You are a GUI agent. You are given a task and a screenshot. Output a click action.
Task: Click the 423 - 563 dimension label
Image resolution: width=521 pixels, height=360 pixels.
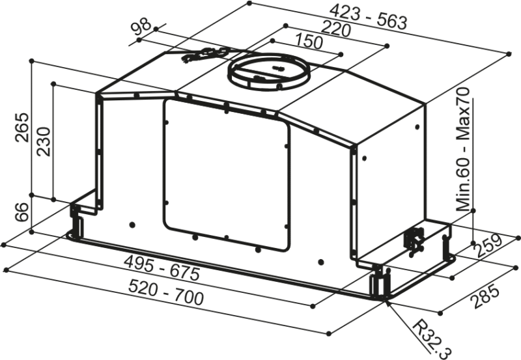pos(368,18)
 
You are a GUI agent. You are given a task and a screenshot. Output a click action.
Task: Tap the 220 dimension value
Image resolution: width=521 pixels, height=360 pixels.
pos(335,29)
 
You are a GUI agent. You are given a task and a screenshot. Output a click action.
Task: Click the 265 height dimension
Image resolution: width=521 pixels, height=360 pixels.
pos(23,128)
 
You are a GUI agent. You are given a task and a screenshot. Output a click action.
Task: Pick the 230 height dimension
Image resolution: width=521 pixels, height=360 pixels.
pos(44,141)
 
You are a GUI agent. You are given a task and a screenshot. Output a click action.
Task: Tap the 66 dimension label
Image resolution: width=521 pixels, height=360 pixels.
pos(22,212)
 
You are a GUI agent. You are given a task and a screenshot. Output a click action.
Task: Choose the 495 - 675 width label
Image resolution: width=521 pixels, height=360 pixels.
pos(162,268)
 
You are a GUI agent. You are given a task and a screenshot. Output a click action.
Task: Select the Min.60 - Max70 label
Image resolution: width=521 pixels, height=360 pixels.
pos(462,150)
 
